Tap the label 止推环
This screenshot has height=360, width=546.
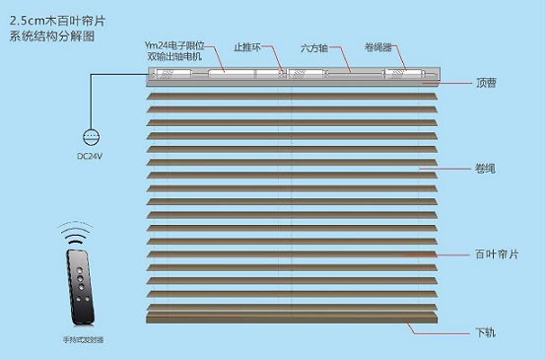[x=246, y=46]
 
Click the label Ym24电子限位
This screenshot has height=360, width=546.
[x=172, y=45]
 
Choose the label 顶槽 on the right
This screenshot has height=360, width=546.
[x=485, y=84]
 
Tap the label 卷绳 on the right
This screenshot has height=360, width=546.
[x=485, y=169]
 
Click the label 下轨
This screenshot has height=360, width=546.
[x=485, y=330]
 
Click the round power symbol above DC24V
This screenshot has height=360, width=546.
[x=91, y=138]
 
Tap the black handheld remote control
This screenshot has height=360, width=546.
[x=83, y=287]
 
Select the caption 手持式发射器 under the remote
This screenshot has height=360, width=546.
[x=82, y=340]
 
